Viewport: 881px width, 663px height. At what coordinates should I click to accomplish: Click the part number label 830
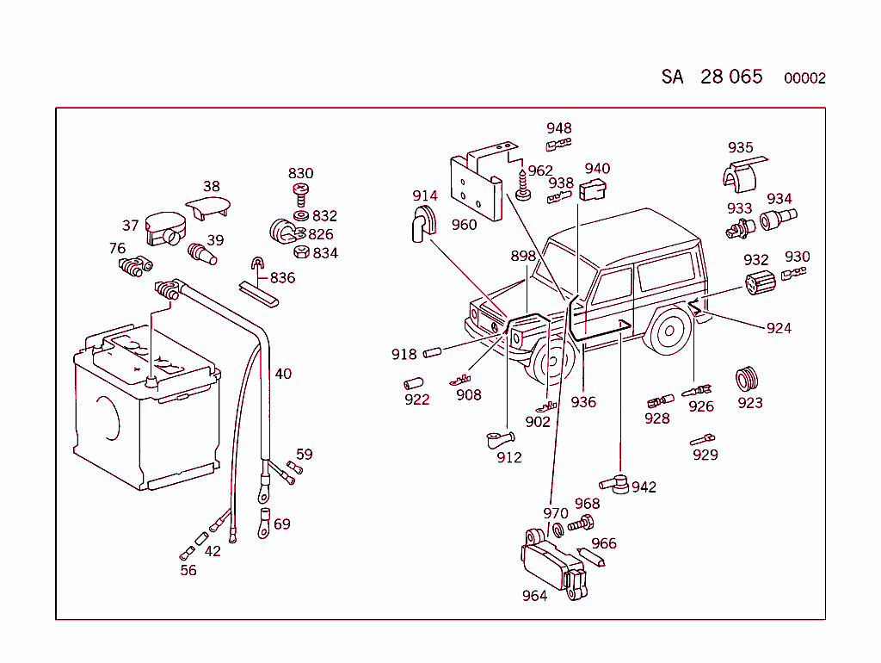point(300,173)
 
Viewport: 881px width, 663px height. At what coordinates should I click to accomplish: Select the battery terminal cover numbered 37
point(165,227)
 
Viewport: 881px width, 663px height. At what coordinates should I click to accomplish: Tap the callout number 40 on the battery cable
point(283,374)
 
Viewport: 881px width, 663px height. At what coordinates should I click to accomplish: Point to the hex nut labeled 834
point(302,252)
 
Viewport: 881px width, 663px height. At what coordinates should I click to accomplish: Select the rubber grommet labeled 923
point(748,378)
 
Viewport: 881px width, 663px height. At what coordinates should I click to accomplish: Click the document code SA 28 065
point(712,77)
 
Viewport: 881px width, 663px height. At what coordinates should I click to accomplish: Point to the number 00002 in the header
point(804,78)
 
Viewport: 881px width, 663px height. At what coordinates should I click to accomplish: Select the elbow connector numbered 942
point(614,483)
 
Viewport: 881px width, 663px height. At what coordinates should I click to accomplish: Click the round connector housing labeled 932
point(758,284)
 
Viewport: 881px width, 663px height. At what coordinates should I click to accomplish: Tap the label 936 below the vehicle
point(583,402)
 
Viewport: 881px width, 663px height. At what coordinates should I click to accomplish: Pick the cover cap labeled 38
point(209,206)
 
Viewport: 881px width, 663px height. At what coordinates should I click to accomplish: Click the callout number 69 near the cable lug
point(282,524)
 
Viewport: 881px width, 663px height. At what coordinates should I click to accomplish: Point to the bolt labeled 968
point(582,523)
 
